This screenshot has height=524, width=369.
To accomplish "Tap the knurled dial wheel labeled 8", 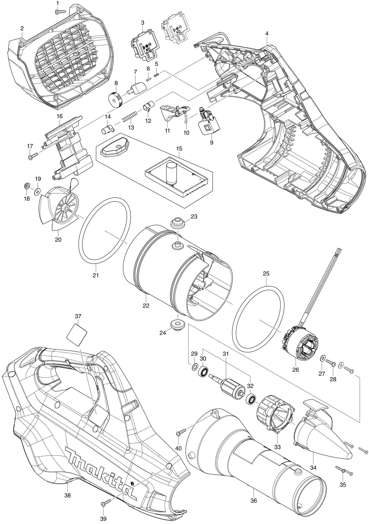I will coord(116,100).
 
